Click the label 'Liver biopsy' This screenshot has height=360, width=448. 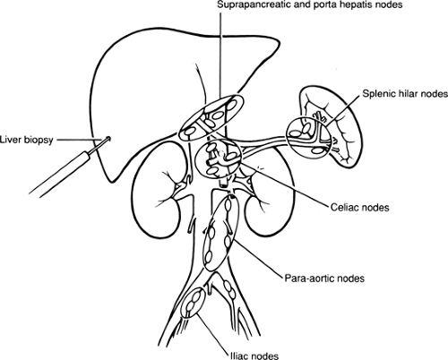(29, 139)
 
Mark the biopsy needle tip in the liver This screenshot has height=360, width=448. (108, 139)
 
